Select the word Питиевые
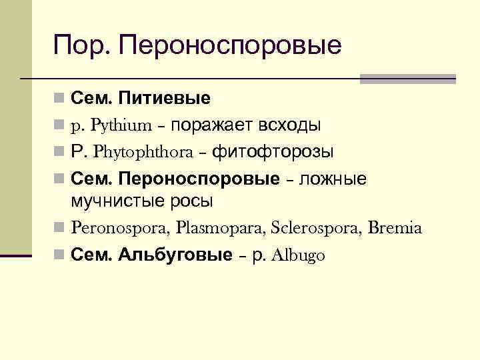(164, 99)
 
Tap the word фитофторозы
(273, 152)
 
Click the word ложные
(333, 179)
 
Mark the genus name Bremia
(395, 228)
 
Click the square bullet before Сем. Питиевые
(59, 100)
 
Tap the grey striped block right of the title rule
(407, 78)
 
